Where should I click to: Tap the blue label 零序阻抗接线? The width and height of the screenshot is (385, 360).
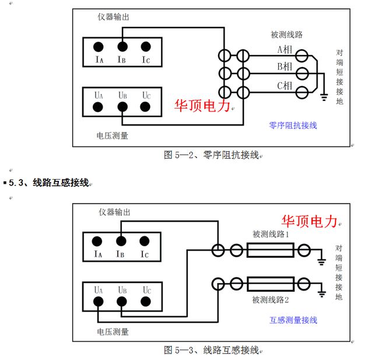(x=293, y=125)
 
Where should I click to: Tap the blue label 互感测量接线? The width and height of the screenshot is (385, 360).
(x=293, y=320)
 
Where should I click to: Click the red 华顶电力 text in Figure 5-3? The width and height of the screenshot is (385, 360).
(x=310, y=221)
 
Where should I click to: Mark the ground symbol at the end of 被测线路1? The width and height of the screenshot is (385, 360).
(x=321, y=260)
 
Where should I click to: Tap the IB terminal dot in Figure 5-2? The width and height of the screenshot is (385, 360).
(x=122, y=46)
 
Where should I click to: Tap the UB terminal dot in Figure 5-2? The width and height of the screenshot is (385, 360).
(x=122, y=107)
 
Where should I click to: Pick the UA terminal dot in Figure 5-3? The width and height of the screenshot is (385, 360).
(x=99, y=301)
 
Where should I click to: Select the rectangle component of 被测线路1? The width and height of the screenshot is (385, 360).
(x=269, y=251)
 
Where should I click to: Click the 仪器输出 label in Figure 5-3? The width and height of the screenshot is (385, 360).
(x=113, y=212)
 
